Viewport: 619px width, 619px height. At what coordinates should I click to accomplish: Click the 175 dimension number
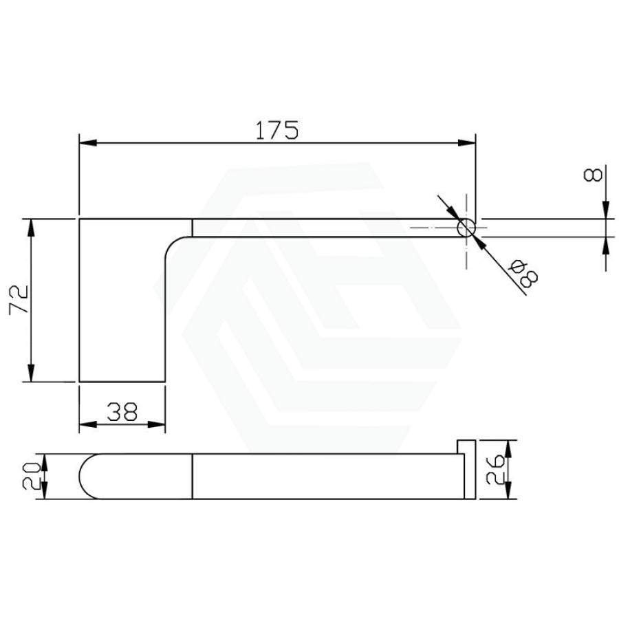click(x=276, y=130)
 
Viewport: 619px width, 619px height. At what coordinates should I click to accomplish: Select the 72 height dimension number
click(x=19, y=298)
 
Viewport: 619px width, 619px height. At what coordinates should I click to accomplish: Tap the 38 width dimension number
click(x=122, y=412)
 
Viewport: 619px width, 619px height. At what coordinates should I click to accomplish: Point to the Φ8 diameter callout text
click(x=524, y=273)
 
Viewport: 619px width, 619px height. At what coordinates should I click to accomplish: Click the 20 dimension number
click(x=31, y=476)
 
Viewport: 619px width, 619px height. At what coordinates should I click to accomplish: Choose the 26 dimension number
click(x=495, y=469)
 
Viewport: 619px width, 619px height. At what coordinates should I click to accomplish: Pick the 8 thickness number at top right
click(x=593, y=175)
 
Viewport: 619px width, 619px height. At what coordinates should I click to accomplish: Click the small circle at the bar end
click(x=466, y=228)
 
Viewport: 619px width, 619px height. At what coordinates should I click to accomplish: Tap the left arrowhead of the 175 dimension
click(x=88, y=143)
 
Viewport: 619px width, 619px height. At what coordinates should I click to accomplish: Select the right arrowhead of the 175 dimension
click(x=467, y=143)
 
